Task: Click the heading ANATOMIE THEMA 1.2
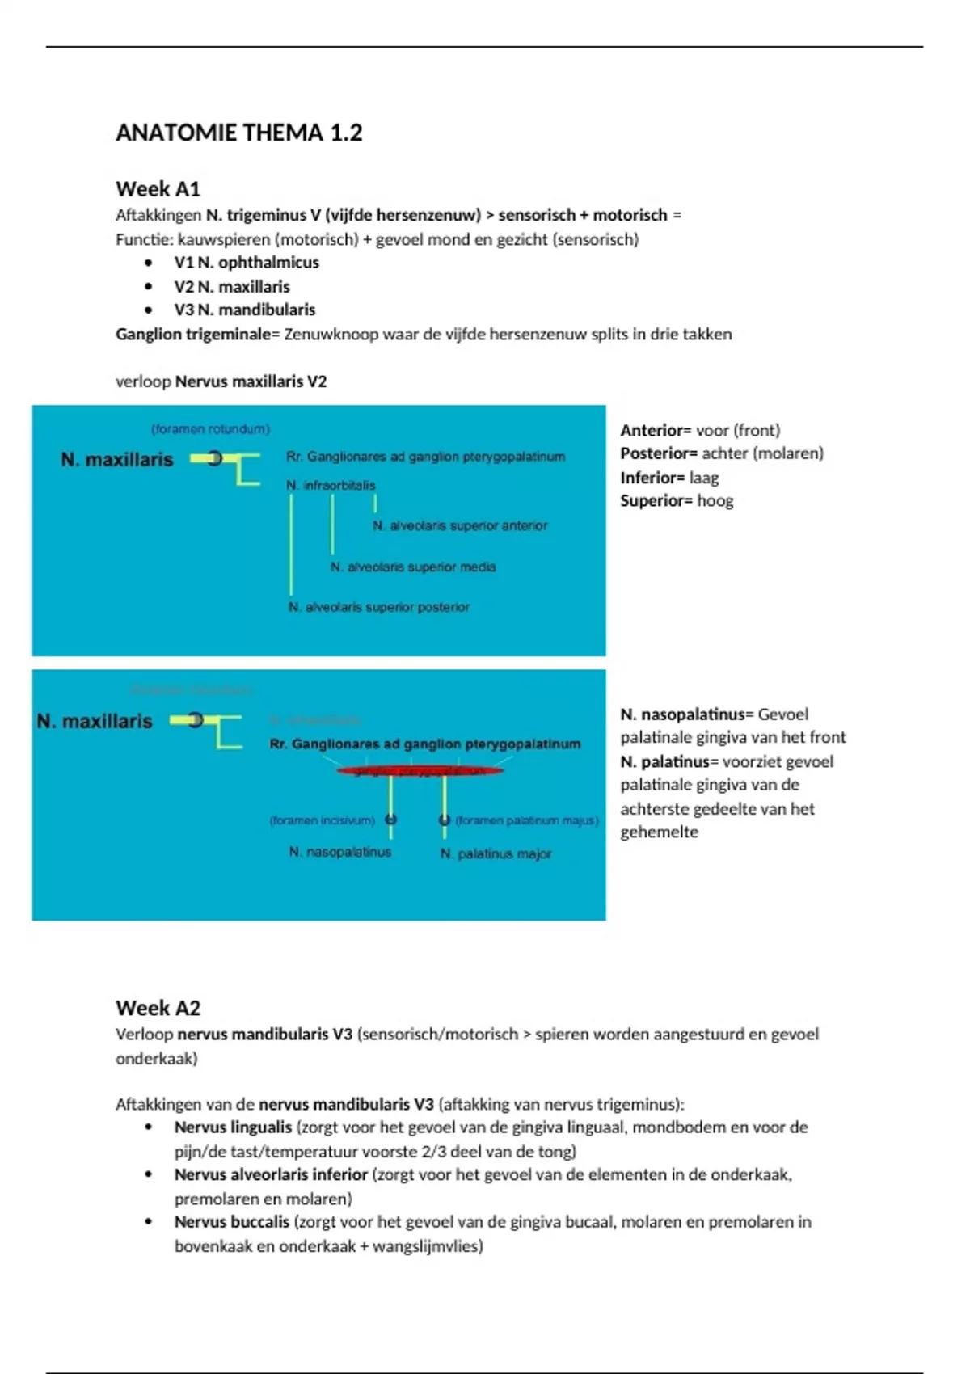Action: (238, 133)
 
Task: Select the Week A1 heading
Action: (158, 189)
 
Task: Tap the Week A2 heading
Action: (158, 1008)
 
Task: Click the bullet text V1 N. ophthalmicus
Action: (246, 263)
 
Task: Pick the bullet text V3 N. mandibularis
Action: (244, 310)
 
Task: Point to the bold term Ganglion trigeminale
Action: (192, 334)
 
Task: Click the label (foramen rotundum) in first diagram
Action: (210, 429)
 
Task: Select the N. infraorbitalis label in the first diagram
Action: (331, 485)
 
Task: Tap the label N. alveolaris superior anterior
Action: (460, 525)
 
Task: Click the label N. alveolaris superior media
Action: (413, 567)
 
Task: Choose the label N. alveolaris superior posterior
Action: (379, 607)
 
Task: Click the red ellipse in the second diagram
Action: (420, 771)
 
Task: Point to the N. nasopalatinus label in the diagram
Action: (340, 852)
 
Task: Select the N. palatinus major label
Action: (496, 853)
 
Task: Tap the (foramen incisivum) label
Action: (322, 820)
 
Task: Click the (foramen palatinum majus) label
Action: (526, 820)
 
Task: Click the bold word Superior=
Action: (656, 501)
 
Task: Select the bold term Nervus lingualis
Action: (233, 1127)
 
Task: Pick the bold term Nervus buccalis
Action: (231, 1222)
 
